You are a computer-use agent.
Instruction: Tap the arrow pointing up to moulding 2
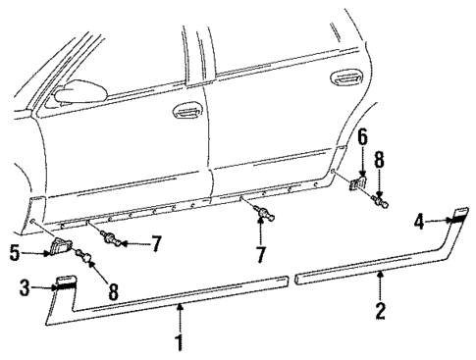pyautogui.click(x=383, y=286)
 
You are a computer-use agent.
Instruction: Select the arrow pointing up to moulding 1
pyautogui.click(x=181, y=318)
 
